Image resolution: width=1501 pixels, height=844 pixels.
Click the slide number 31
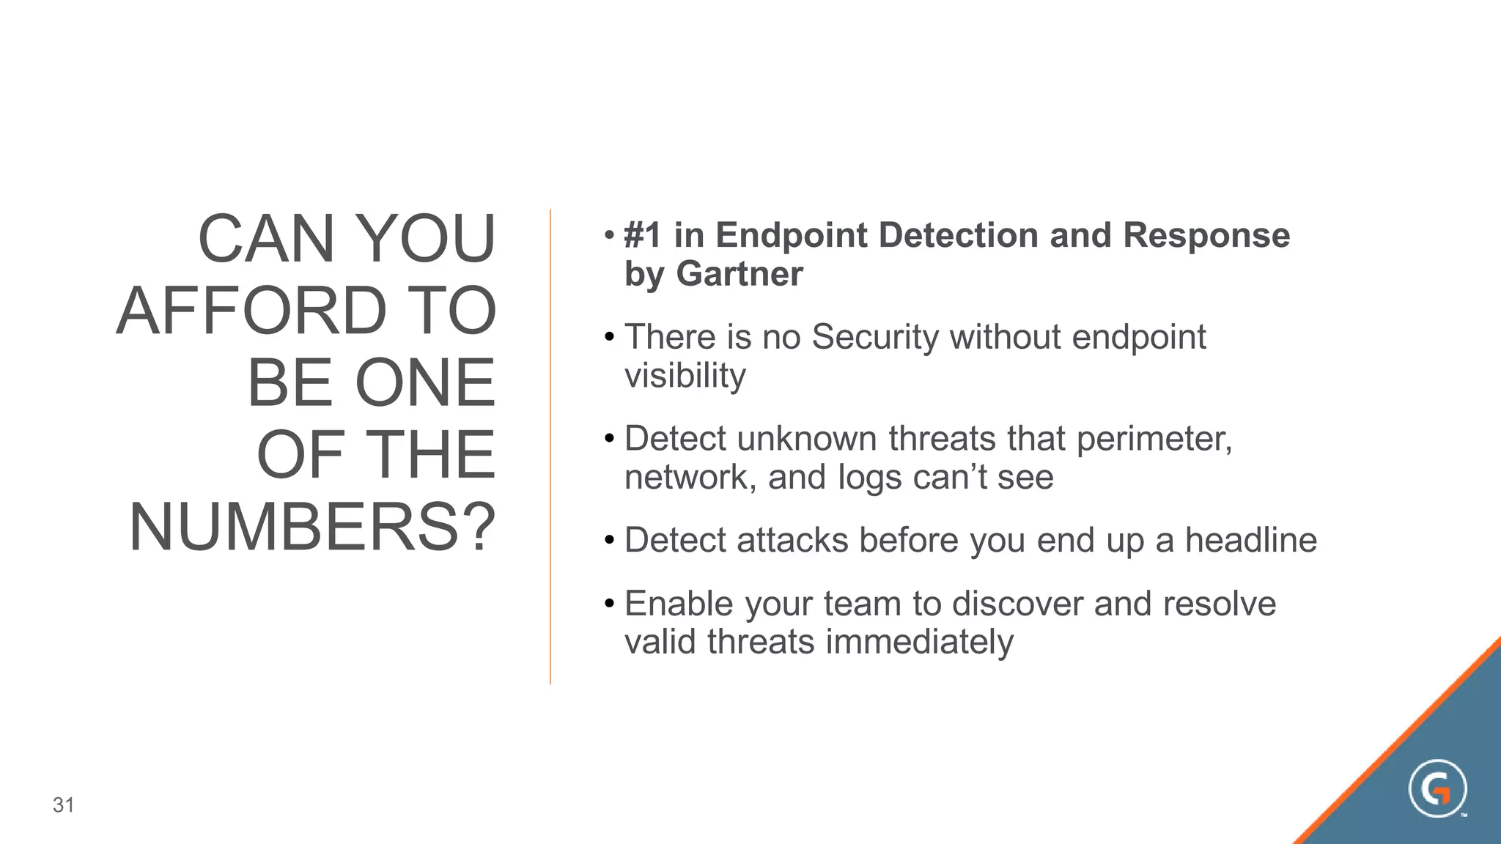pos(64,805)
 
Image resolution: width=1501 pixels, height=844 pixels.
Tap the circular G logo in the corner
pos(1437,789)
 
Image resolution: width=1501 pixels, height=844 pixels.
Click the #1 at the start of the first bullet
pos(643,236)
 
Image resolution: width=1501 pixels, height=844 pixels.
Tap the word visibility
pos(685,376)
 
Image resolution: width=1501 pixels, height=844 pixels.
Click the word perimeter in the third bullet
pos(1154,439)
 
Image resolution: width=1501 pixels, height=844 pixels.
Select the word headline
pos(1250,540)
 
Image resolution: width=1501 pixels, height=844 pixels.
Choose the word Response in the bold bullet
pos(1206,236)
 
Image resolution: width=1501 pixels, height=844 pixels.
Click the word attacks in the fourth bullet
pos(792,540)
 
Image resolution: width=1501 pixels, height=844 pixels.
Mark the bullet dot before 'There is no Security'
pos(608,338)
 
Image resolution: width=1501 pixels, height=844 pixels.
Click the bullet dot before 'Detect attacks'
pos(608,541)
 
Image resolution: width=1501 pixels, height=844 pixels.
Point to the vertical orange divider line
pos(550,447)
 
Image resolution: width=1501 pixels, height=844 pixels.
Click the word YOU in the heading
pos(428,239)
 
